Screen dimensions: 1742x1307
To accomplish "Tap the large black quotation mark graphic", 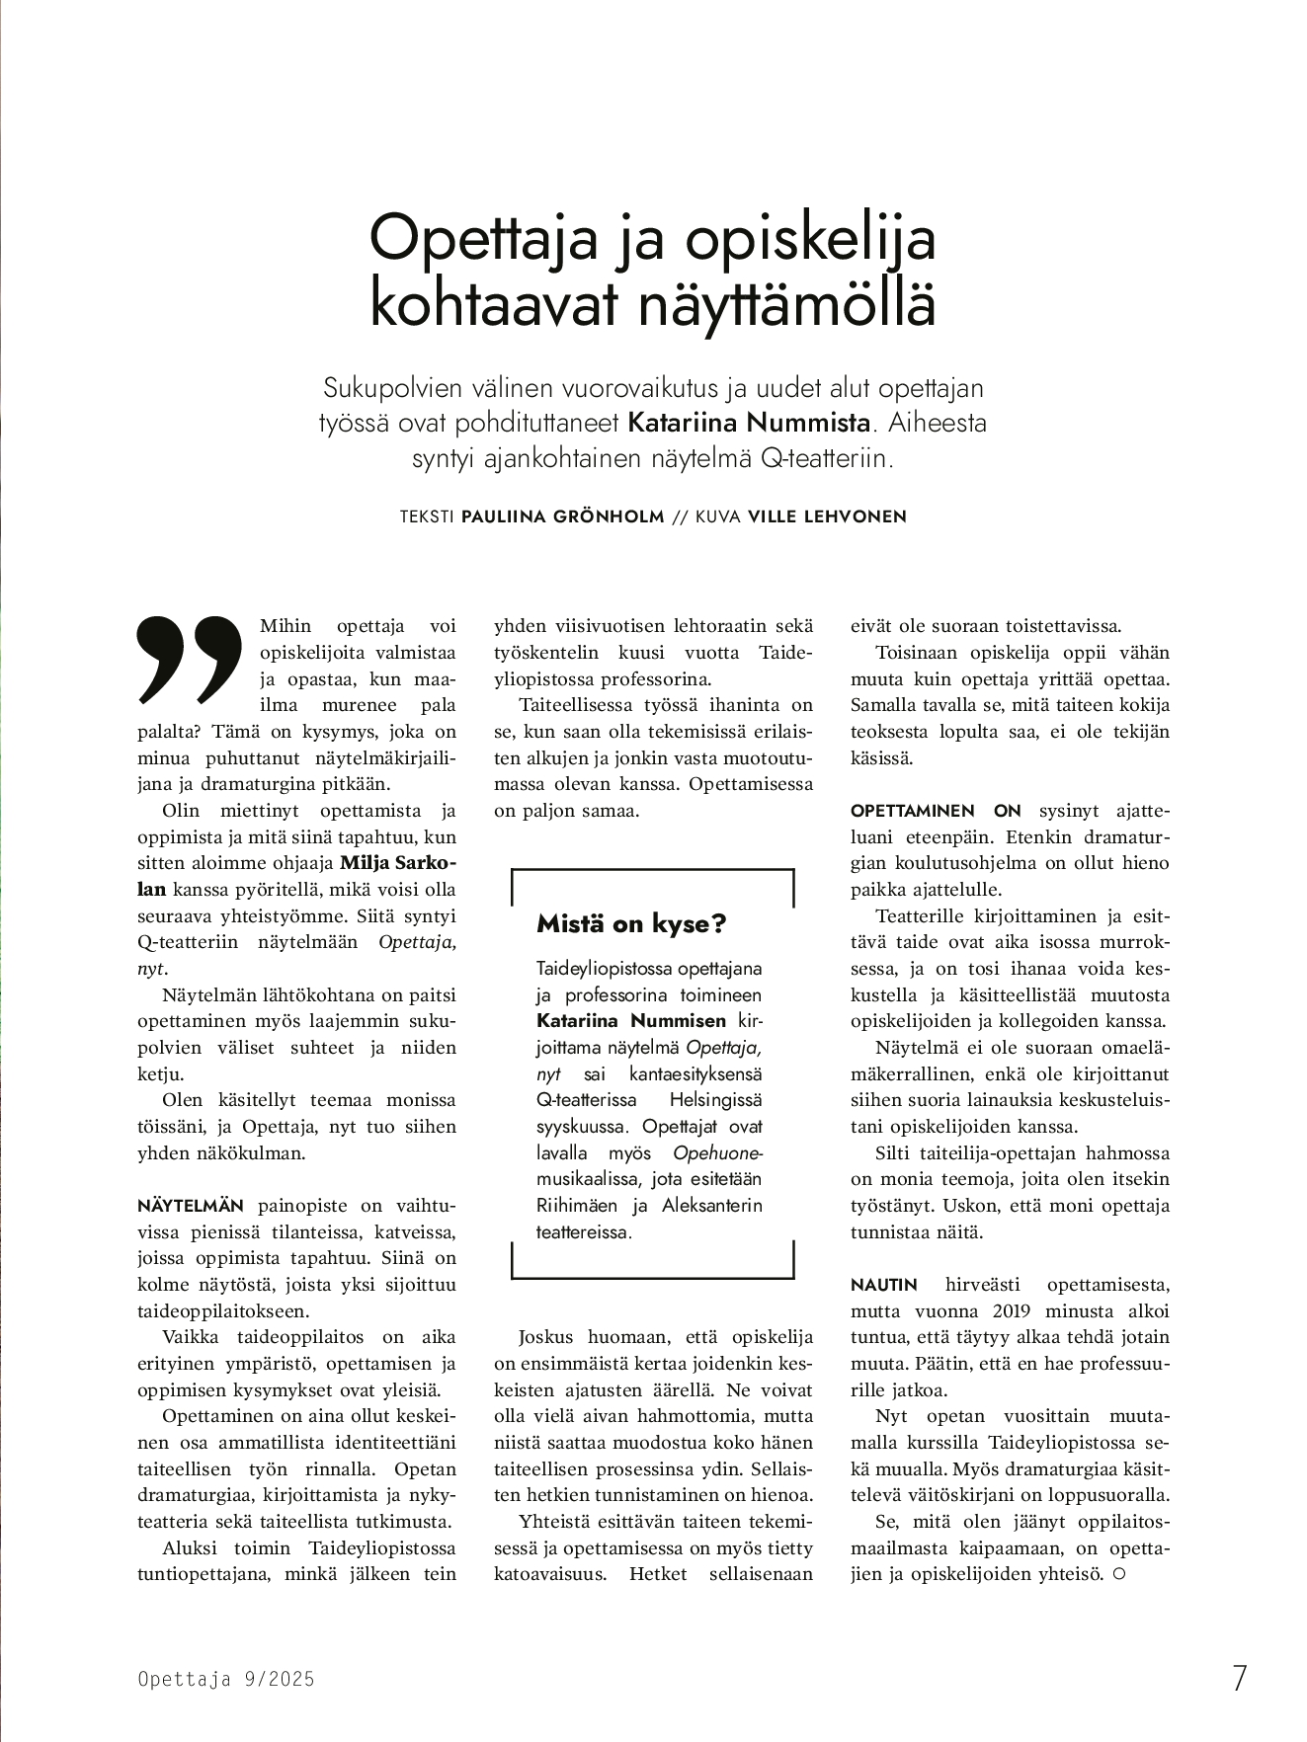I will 189,661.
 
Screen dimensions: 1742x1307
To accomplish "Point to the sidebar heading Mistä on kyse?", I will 631,923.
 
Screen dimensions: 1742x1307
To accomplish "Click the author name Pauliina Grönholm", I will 562,516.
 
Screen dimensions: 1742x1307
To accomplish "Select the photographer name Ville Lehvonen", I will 827,516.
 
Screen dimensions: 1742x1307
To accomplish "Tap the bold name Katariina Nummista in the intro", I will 750,424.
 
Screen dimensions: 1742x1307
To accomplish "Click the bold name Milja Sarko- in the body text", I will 397,862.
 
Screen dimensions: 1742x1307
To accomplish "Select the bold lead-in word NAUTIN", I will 884,1285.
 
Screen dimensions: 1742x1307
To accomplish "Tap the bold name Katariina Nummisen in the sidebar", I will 631,1021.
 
